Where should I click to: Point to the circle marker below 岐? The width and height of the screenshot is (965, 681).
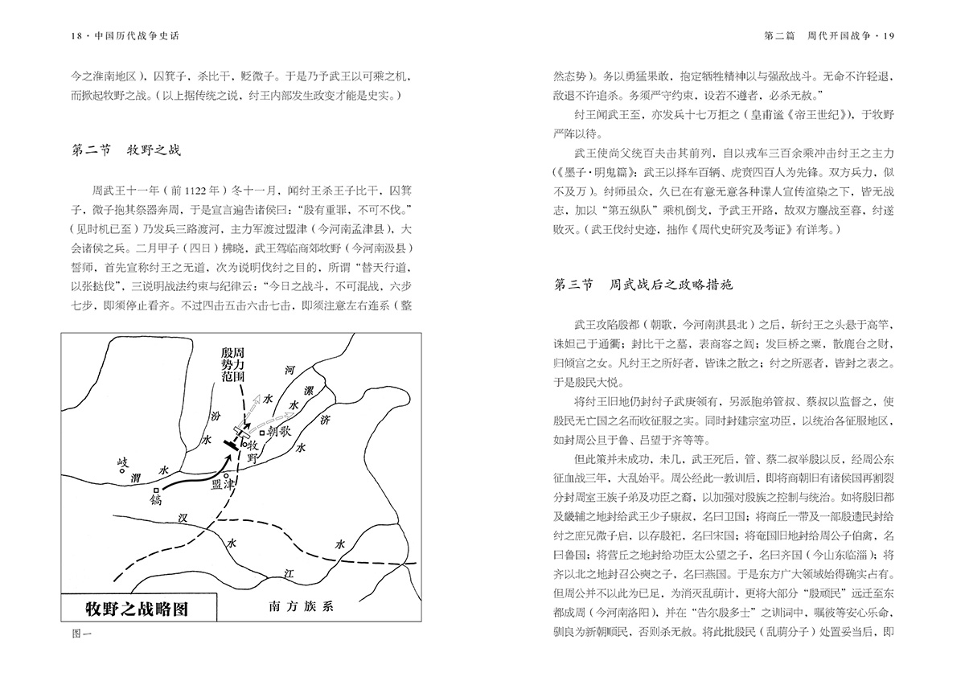click(x=123, y=471)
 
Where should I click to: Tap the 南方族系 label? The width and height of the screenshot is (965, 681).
click(x=300, y=607)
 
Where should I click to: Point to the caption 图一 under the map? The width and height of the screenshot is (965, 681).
click(x=82, y=634)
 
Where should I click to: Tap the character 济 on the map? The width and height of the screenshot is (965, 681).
click(x=325, y=419)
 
